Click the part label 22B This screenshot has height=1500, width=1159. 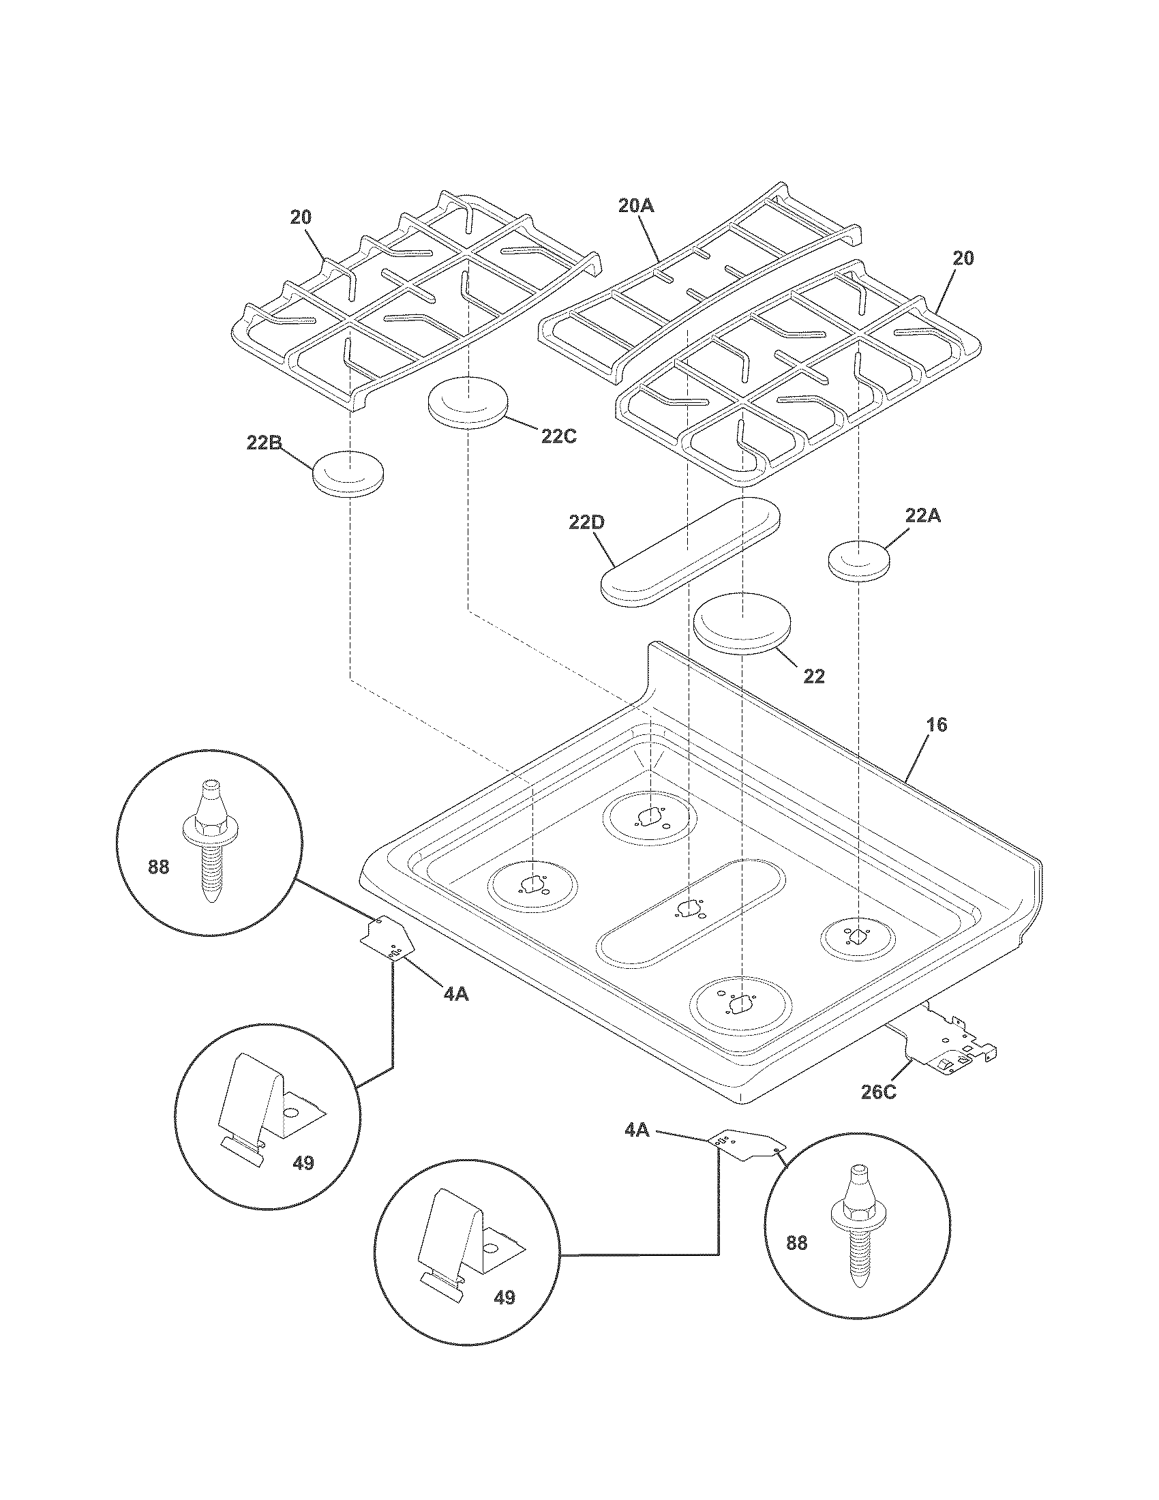pos(263,443)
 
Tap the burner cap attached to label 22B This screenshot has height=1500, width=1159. pos(348,473)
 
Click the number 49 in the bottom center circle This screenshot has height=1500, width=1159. pos(504,1297)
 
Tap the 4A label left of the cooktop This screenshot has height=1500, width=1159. pos(455,993)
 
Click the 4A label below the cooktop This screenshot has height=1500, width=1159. pos(637,1130)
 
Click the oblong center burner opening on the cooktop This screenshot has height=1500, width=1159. pos(691,909)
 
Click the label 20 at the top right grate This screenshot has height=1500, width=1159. pos(963,259)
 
